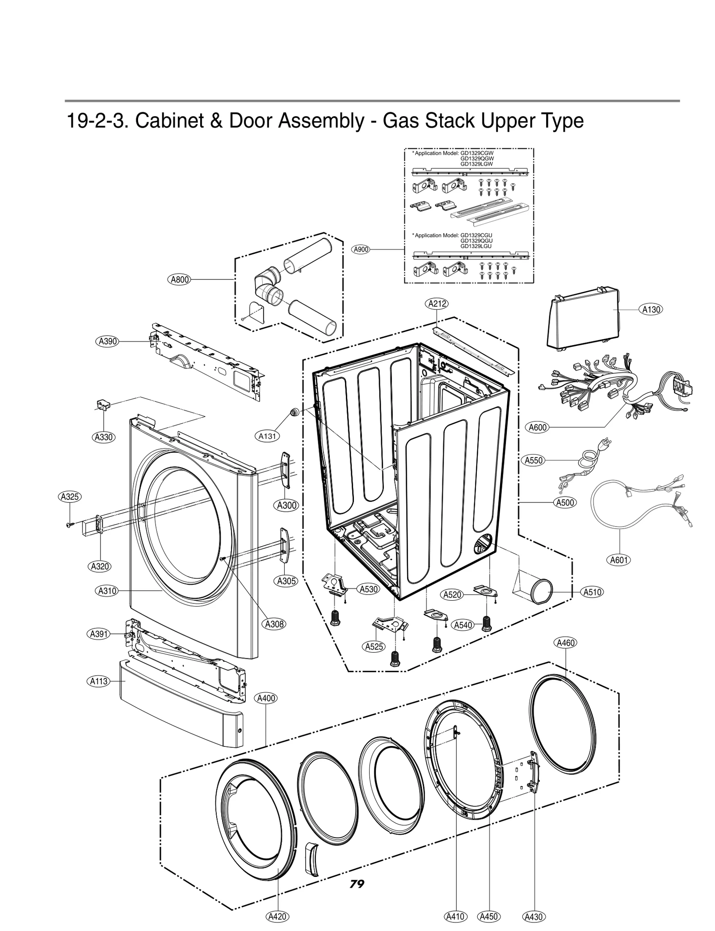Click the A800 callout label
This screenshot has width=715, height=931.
179,280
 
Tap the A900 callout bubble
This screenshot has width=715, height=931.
361,249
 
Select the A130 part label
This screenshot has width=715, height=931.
652,309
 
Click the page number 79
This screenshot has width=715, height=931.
357,884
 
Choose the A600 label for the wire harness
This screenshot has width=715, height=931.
538,427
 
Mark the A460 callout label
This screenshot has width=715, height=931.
566,643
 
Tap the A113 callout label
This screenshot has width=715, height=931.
99,681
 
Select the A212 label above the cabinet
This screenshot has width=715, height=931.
436,304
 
